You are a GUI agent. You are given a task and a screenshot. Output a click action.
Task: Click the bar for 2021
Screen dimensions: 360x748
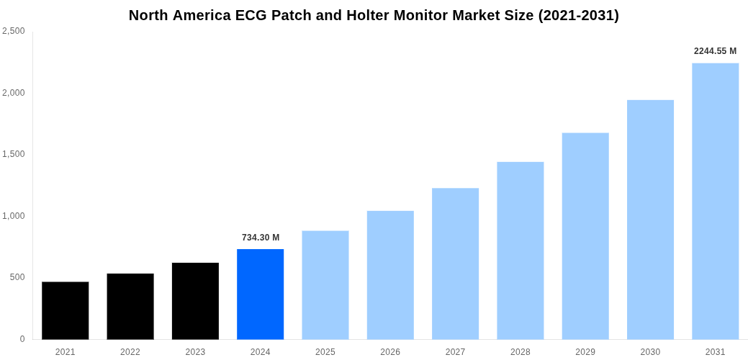[x=65, y=310]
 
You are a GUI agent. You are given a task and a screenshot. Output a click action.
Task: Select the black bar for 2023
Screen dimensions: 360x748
[x=195, y=301]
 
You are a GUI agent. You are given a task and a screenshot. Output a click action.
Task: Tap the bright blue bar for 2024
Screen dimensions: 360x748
[x=260, y=294]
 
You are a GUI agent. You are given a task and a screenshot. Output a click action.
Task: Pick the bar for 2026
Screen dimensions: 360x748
[x=390, y=275]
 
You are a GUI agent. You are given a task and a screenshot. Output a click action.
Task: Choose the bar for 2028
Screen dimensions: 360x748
[x=520, y=251]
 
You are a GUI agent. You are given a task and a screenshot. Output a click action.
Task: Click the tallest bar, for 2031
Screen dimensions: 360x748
[x=715, y=201]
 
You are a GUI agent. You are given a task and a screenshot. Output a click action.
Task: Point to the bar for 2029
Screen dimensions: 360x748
[x=585, y=236]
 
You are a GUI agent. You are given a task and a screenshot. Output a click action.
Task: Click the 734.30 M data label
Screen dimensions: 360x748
[x=261, y=238]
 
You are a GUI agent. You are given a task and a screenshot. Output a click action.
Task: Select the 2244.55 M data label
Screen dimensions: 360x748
[x=715, y=51]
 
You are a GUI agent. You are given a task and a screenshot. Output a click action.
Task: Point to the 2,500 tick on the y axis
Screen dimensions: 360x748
[x=14, y=31]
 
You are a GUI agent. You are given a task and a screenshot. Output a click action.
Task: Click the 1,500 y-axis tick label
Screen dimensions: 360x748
[x=14, y=154]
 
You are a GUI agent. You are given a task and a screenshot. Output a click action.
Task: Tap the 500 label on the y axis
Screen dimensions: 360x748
[x=17, y=277]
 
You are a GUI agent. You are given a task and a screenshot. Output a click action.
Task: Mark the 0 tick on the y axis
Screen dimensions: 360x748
[x=22, y=339]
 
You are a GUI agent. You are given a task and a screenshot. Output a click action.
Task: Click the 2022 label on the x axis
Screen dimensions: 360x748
[x=130, y=352]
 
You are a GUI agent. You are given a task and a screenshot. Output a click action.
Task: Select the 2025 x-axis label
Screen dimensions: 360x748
[x=325, y=352]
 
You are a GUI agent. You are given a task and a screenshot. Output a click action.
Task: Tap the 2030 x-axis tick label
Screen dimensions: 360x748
[x=650, y=352]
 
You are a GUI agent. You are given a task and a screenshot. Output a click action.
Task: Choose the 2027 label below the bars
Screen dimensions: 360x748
[x=455, y=352]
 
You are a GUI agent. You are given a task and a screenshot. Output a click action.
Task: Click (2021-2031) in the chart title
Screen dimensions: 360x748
[x=579, y=15]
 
